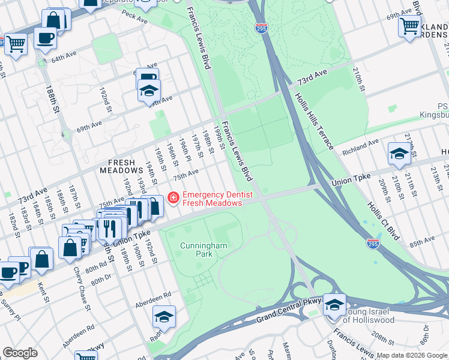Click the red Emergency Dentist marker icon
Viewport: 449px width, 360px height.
click(x=173, y=197)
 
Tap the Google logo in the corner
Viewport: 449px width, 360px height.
click(x=20, y=353)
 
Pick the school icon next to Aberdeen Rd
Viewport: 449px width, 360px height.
click(x=164, y=316)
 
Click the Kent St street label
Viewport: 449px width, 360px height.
click(x=42, y=292)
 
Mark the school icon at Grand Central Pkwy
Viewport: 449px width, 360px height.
click(x=334, y=305)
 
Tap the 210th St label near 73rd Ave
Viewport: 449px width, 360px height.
click(x=358, y=80)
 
